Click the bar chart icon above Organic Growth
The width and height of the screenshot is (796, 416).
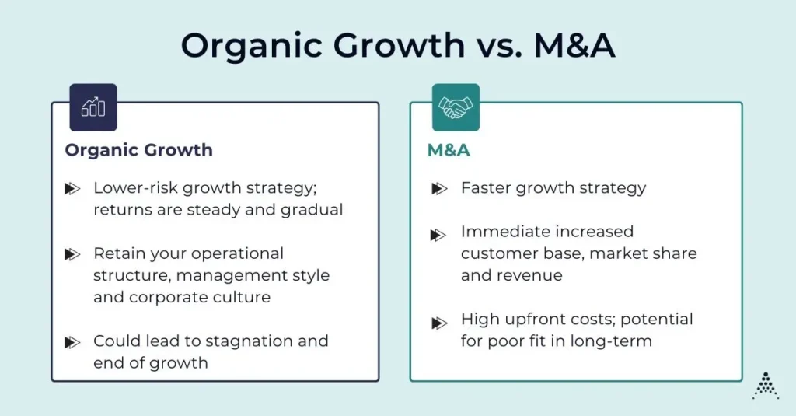tap(93, 107)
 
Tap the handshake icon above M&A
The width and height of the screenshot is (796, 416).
tap(456, 107)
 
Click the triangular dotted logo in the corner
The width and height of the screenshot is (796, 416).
tap(765, 385)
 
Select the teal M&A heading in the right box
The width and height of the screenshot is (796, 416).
tap(449, 150)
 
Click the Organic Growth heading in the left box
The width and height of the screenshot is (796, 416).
tap(138, 150)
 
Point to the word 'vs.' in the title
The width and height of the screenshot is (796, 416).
tap(494, 47)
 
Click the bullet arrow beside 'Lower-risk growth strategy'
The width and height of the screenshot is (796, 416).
tap(72, 188)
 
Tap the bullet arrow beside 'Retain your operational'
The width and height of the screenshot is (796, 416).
tap(72, 254)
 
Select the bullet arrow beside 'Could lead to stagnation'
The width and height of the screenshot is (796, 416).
tap(72, 341)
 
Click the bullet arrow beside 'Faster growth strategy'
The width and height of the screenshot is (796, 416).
tap(439, 188)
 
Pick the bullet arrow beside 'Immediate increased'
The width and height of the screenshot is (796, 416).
tap(439, 232)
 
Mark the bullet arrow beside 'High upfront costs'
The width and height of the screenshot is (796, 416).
tap(439, 320)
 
